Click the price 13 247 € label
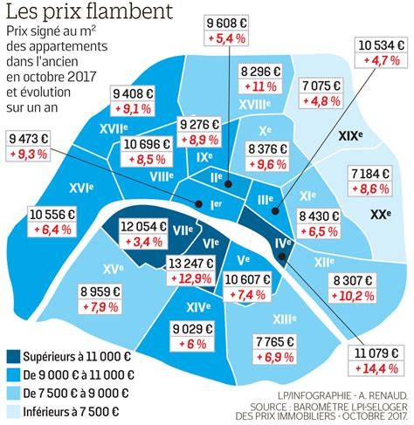point(191,264)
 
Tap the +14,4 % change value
point(376,369)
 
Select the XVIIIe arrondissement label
point(255,105)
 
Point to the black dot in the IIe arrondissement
point(228,183)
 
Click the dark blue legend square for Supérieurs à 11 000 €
point(13,357)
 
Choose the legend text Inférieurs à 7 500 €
point(71,412)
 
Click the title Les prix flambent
point(89,11)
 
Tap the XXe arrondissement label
point(381,215)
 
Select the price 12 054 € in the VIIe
point(143,226)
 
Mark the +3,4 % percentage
point(143,242)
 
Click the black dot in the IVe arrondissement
point(282,257)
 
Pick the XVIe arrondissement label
point(81,189)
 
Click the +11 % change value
point(260,86)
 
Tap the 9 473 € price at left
point(28,139)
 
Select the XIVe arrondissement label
point(198,307)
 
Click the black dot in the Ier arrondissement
point(199,203)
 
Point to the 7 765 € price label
point(275,341)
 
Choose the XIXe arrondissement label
point(350,136)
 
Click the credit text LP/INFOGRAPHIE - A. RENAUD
point(342,396)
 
